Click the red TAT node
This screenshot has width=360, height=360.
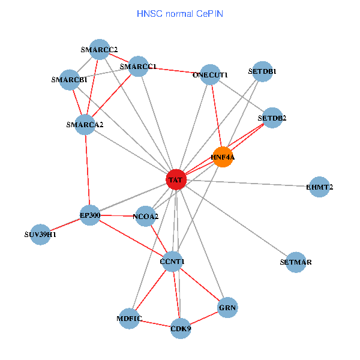[176, 180]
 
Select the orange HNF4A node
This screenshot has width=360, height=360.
[223, 157]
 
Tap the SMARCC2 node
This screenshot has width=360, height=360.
[100, 50]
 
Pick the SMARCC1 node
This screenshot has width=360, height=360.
[138, 67]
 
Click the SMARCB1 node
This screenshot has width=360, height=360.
[70, 80]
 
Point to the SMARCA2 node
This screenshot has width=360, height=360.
[85, 125]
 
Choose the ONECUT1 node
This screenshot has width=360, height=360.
[211, 75]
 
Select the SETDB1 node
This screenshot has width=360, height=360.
[263, 71]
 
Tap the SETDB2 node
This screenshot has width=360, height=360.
[272, 118]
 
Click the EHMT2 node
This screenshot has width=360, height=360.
[320, 187]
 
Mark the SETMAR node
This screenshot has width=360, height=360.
[296, 262]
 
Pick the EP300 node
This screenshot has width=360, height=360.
[90, 215]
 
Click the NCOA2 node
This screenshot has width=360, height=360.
[146, 216]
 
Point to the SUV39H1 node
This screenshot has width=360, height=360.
[40, 235]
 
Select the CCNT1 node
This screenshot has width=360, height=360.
[172, 262]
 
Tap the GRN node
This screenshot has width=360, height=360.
[227, 307]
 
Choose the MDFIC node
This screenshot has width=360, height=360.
[129, 319]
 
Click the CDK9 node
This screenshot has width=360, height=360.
[181, 329]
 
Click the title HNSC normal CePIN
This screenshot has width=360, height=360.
[180, 14]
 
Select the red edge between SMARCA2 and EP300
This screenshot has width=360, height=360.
[88, 170]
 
